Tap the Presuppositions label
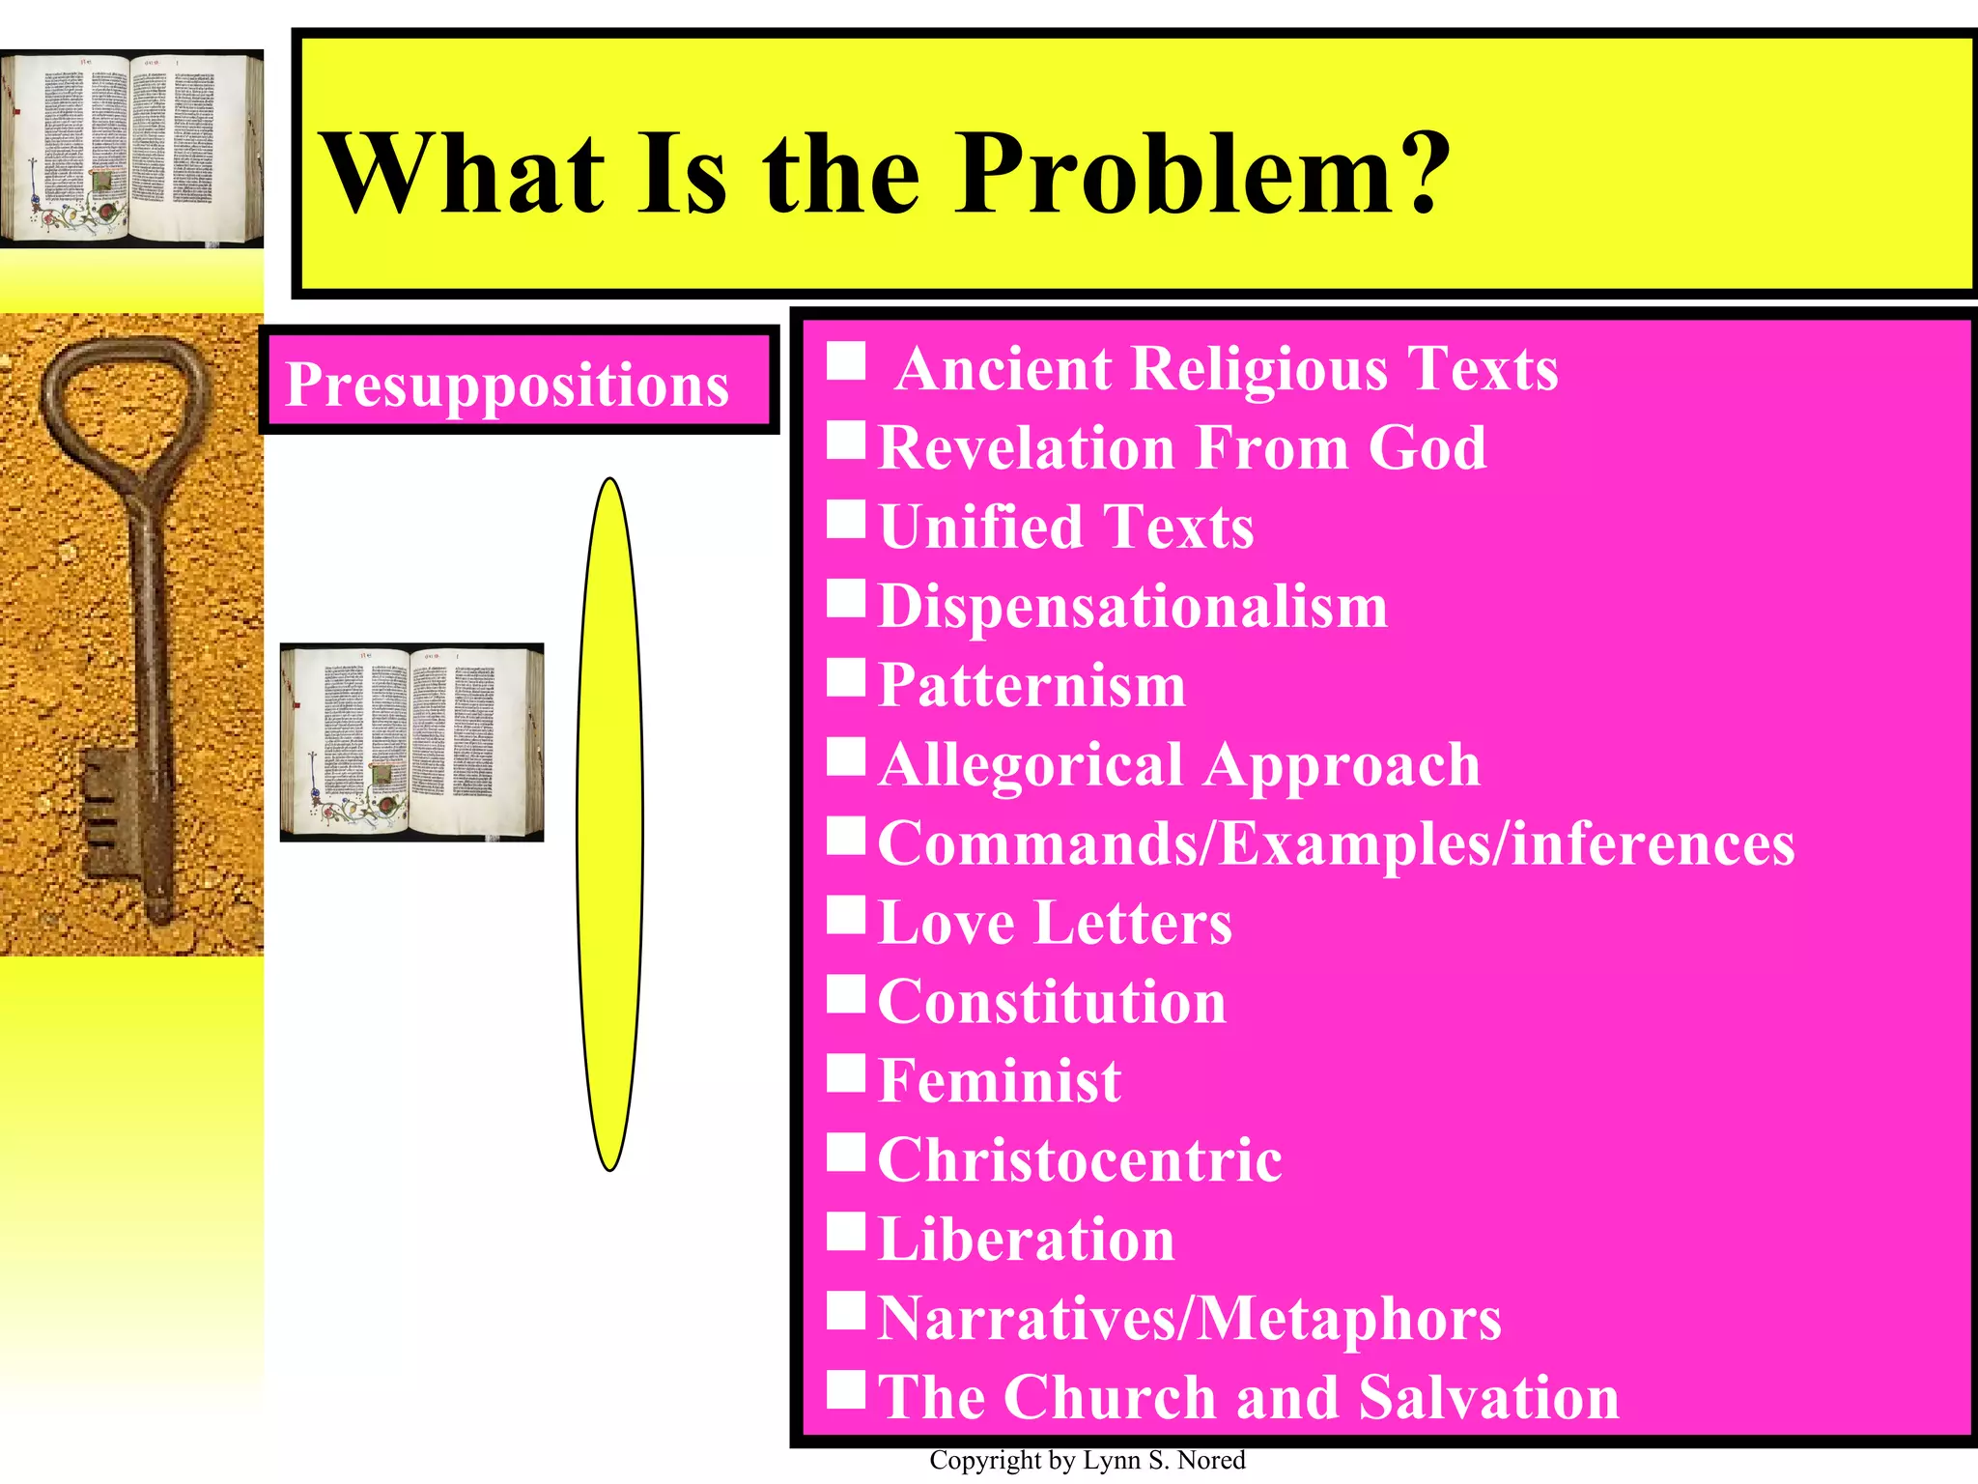pyautogui.click(x=507, y=385)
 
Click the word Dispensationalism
pyautogui.click(x=1132, y=607)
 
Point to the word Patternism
pyautogui.click(x=1031, y=686)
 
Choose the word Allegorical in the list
pyautogui.click(x=1031, y=765)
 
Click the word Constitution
pyautogui.click(x=1052, y=1002)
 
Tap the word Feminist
pyautogui.click(x=1000, y=1081)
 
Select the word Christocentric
pyautogui.click(x=1080, y=1160)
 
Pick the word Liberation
pyautogui.click(x=1026, y=1240)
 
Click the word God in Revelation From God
pyautogui.click(x=1427, y=448)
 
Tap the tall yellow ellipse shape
pyautogui.click(x=610, y=824)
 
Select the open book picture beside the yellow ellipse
pyautogui.click(x=411, y=742)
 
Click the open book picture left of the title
pyautogui.click(x=131, y=149)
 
